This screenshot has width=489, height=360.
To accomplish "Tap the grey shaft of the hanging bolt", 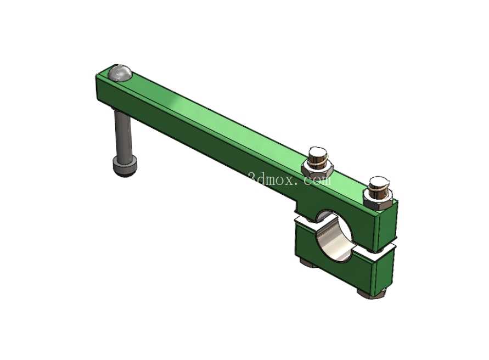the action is [x=122, y=134].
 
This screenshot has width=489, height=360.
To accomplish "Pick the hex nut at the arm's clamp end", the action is [x=378, y=200].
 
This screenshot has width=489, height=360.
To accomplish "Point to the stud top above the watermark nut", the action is [x=318, y=153].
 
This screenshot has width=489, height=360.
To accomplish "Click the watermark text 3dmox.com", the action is [x=290, y=179].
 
